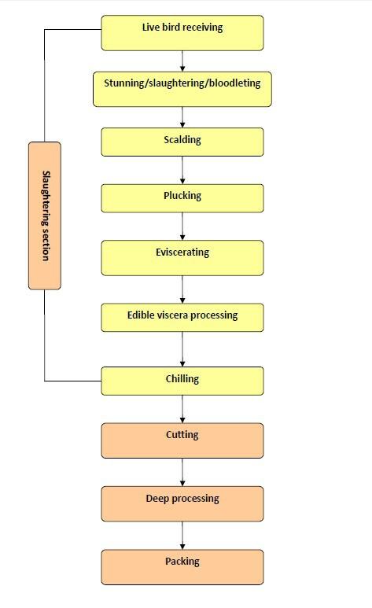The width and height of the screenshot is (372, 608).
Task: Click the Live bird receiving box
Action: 182,33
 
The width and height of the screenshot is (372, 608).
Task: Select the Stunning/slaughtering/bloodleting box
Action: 182,89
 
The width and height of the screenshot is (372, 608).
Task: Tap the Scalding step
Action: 182,142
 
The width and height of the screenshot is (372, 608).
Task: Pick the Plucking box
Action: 182,198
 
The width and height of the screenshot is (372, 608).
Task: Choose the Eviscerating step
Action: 182,258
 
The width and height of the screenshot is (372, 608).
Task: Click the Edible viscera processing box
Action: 182,318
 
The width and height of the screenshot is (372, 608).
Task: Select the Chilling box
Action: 182,381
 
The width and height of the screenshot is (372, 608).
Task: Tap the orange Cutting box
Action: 182,440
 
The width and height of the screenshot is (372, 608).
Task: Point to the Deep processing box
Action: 182,503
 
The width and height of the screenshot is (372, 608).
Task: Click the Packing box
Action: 182,567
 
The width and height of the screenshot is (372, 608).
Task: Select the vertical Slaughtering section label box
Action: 45,216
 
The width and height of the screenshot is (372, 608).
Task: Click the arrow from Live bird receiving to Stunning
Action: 182,61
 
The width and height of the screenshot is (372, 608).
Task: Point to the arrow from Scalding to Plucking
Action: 182,170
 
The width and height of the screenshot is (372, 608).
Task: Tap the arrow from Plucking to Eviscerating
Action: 182,227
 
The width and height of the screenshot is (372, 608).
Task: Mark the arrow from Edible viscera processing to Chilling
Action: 182,349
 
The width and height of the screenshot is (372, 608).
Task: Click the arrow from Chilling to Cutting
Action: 182,409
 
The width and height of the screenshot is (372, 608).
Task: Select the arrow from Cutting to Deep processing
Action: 182,472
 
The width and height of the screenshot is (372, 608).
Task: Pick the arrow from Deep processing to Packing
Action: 182,536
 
